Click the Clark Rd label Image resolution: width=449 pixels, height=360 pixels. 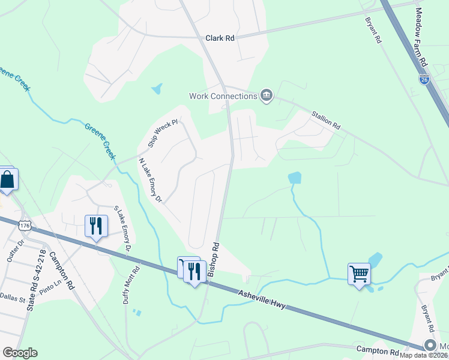click(x=220, y=38)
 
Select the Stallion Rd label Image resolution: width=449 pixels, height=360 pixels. click(x=326, y=119)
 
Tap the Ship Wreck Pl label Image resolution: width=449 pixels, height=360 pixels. click(x=163, y=134)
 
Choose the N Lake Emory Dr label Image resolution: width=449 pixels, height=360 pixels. click(x=150, y=180)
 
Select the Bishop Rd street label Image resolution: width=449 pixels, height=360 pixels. click(x=214, y=260)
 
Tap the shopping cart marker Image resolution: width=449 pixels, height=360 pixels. click(x=359, y=274)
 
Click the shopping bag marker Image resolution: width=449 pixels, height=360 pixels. click(x=7, y=179)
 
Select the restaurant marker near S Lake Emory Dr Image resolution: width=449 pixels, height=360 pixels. click(x=96, y=226)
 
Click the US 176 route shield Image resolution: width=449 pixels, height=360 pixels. click(x=25, y=225)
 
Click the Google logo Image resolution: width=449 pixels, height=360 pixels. click(x=20, y=353)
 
